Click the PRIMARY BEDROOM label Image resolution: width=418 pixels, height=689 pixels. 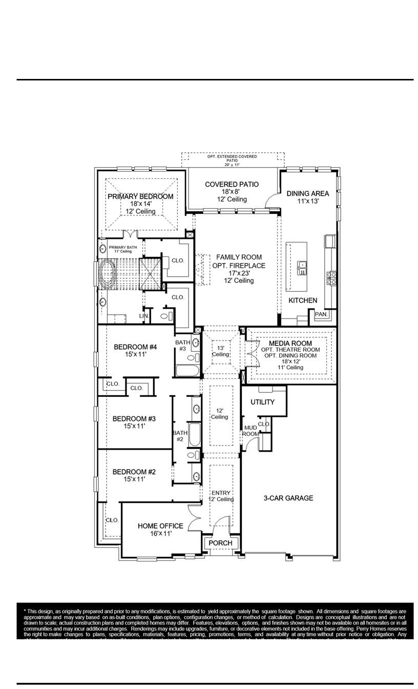pyautogui.click(x=140, y=196)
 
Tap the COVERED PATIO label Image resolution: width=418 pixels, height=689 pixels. pyautogui.click(x=232, y=184)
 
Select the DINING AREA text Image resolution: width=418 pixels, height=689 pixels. pyautogui.click(x=307, y=193)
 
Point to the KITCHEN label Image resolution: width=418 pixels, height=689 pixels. pyautogui.click(x=302, y=300)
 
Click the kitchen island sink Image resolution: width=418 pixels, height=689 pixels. pyautogui.click(x=302, y=267)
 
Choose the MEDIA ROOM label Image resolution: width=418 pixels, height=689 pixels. pyautogui.click(x=290, y=343)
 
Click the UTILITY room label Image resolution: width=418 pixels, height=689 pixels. pyautogui.click(x=262, y=402)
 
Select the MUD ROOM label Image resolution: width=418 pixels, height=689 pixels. pyautogui.click(x=250, y=431)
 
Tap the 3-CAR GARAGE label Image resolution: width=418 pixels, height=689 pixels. pyautogui.click(x=288, y=498)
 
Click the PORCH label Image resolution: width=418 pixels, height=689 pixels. pyautogui.click(x=221, y=543)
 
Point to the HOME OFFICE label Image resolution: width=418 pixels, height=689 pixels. pyautogui.click(x=160, y=526)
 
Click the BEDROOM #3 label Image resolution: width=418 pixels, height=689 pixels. pyautogui.click(x=134, y=418)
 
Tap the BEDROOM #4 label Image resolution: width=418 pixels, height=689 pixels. pyautogui.click(x=135, y=347)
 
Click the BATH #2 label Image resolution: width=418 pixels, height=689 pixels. pyautogui.click(x=180, y=436)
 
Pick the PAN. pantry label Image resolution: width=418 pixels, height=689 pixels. pyautogui.click(x=321, y=314)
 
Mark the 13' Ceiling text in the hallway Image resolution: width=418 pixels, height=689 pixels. pyautogui.click(x=221, y=351)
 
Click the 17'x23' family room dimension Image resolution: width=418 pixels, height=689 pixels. pyautogui.click(x=239, y=273)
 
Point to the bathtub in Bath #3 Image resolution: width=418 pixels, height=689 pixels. pyautogui.click(x=184, y=370)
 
